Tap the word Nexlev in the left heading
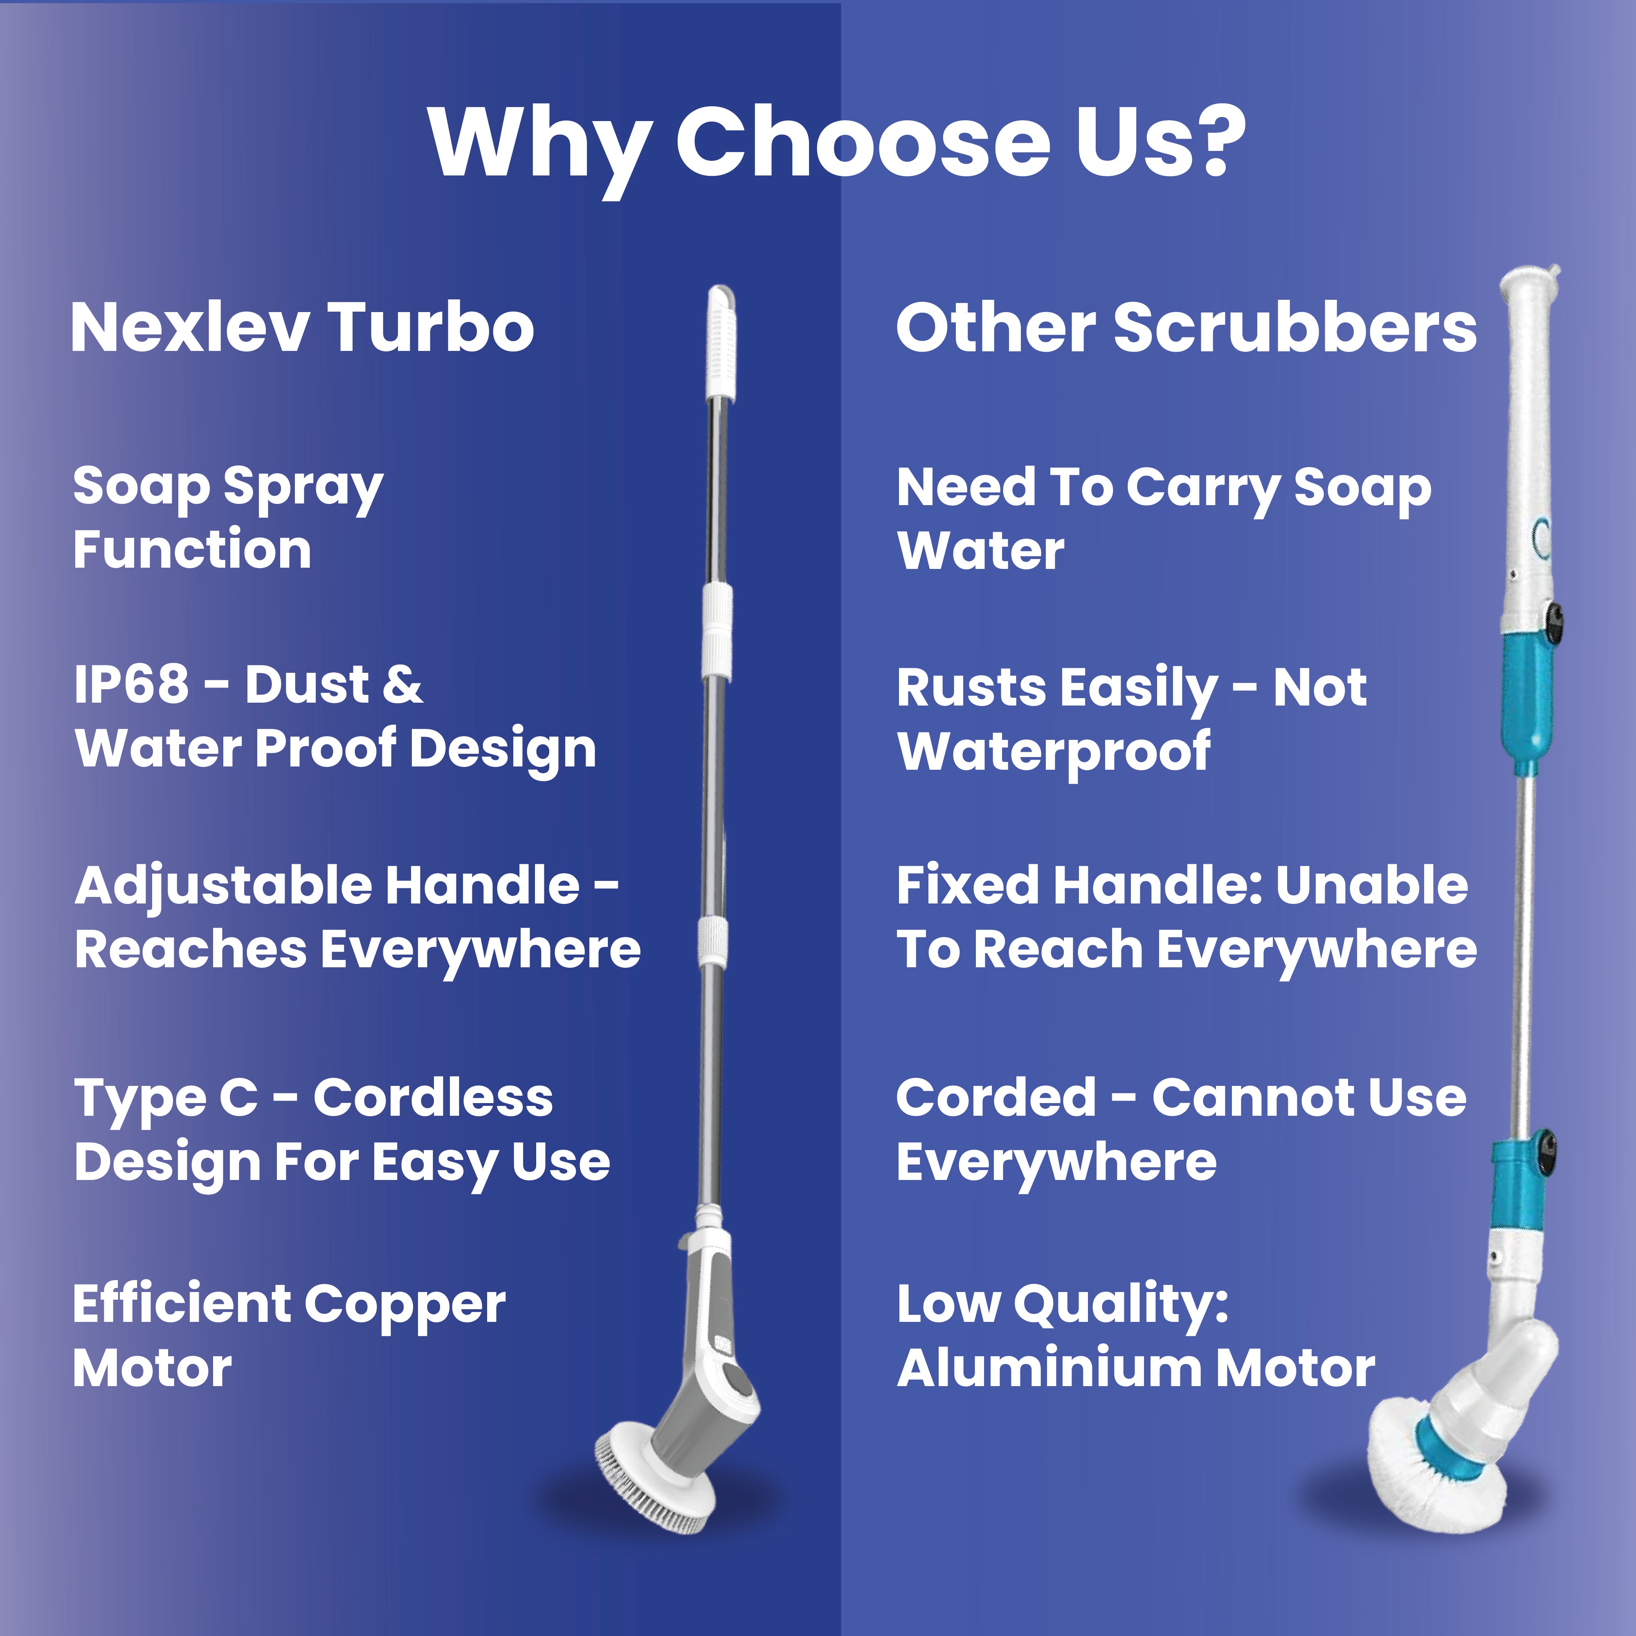pyautogui.click(x=188, y=328)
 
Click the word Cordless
pyautogui.click(x=433, y=1097)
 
